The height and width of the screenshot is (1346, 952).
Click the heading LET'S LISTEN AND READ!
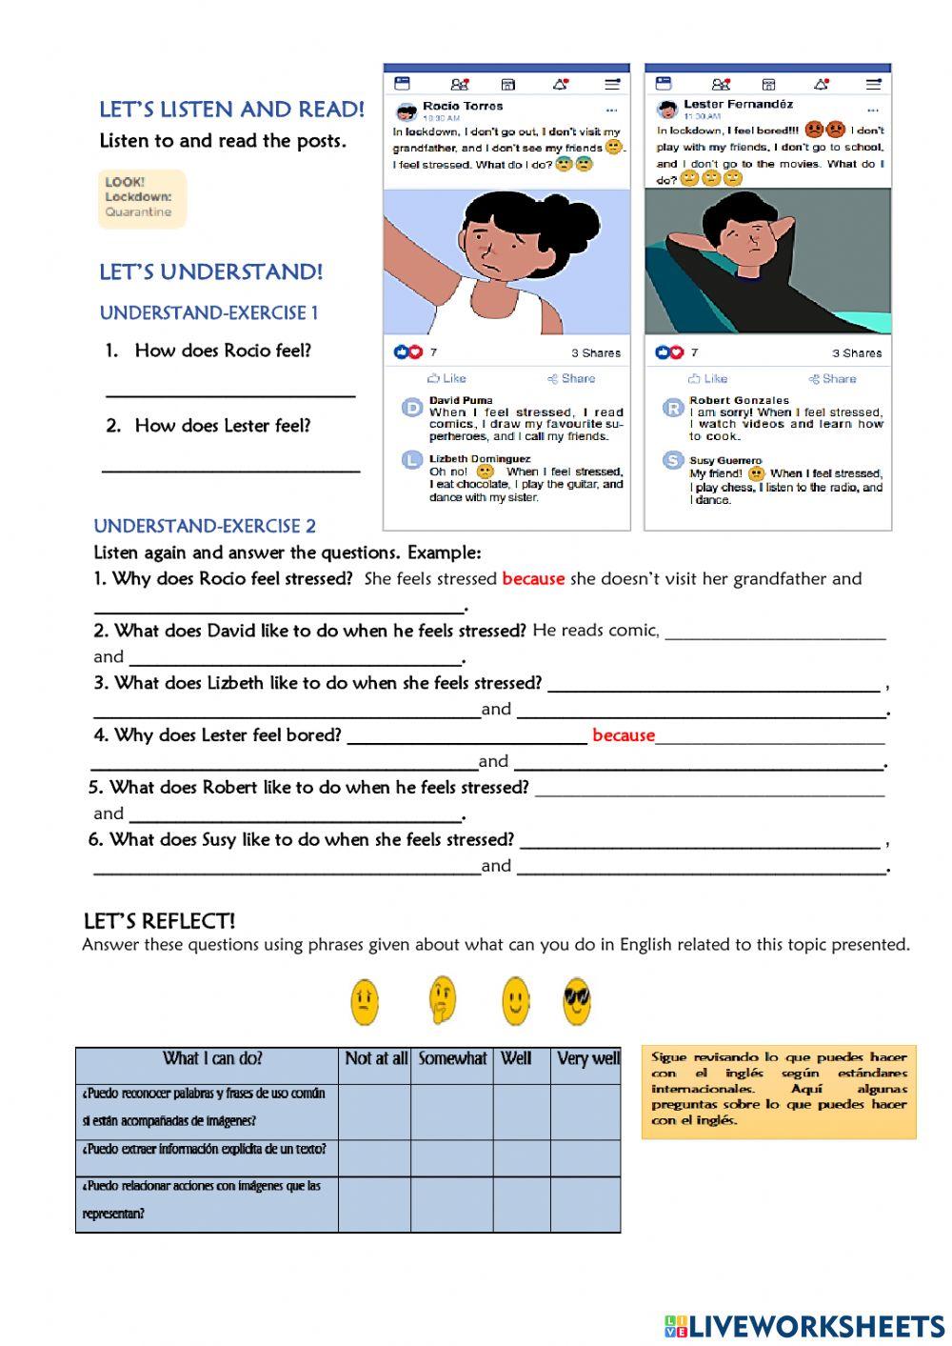pyautogui.click(x=231, y=110)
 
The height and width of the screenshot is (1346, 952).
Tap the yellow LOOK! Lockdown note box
pyautogui.click(x=142, y=198)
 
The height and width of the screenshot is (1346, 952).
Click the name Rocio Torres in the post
pyautogui.click(x=463, y=106)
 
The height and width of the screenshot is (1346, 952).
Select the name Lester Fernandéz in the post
pyautogui.click(x=738, y=104)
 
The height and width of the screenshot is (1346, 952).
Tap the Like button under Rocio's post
pyautogui.click(x=446, y=378)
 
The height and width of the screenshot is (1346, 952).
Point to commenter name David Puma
pyautogui.click(x=461, y=400)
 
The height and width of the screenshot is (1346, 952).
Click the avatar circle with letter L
pyautogui.click(x=411, y=460)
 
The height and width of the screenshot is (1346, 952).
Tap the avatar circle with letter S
pyautogui.click(x=673, y=461)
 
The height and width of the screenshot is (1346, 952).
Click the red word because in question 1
pyautogui.click(x=533, y=578)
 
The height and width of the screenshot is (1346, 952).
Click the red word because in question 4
pyautogui.click(x=624, y=734)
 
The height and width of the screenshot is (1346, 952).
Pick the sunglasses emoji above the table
pyautogui.click(x=576, y=1001)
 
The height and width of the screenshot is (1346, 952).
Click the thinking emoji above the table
pyautogui.click(x=441, y=1000)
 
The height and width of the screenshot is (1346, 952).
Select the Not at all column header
pyautogui.click(x=376, y=1058)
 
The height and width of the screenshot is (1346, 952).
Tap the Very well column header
pyautogui.click(x=587, y=1058)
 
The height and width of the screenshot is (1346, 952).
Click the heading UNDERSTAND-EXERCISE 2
pyautogui.click(x=205, y=526)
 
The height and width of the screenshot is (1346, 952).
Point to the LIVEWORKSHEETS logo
pyautogui.click(x=803, y=1325)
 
